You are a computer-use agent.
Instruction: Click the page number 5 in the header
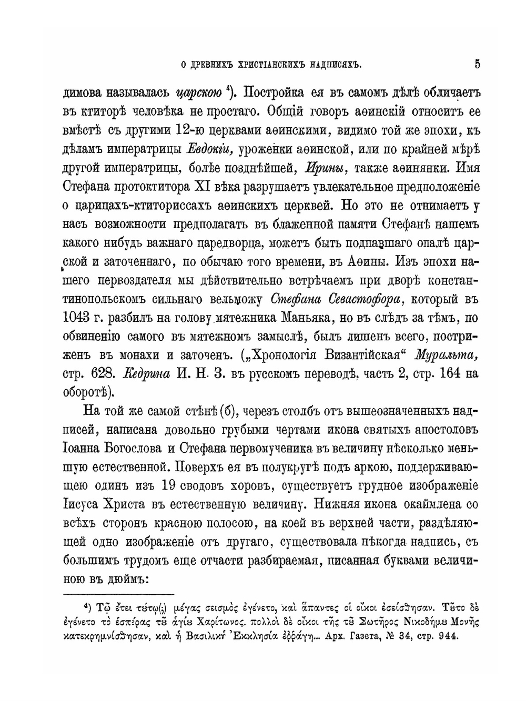pos(477,65)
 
